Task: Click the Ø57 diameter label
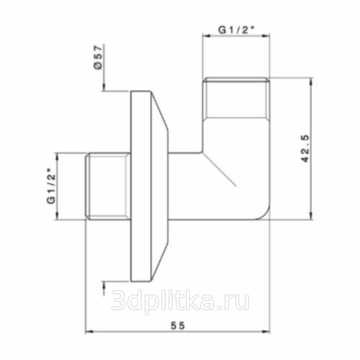pyautogui.click(x=98, y=57)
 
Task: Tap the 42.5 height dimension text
pyautogui.click(x=305, y=149)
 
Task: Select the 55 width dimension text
pyautogui.click(x=178, y=325)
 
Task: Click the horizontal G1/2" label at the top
pyautogui.click(x=236, y=30)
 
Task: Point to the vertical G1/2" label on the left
pyautogui.click(x=51, y=186)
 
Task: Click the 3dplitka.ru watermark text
pyautogui.click(x=181, y=300)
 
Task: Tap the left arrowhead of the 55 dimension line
pyautogui.click(x=89, y=332)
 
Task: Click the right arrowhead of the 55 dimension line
pyautogui.click(x=266, y=332)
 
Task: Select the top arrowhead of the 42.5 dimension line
pyautogui.click(x=311, y=81)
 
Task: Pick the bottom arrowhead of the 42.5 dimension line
pyautogui.click(x=311, y=215)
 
